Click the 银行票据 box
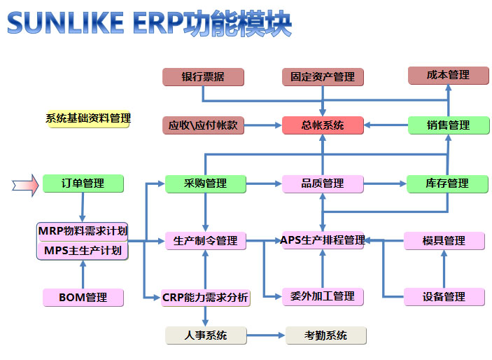(x=203, y=76)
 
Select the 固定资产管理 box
(x=323, y=76)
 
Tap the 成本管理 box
(x=448, y=75)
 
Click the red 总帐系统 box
(x=323, y=125)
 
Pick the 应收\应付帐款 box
(x=203, y=125)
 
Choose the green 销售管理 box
(x=448, y=125)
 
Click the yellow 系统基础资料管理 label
(x=88, y=118)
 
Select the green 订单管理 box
(x=83, y=184)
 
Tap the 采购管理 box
(x=205, y=184)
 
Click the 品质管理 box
(x=323, y=184)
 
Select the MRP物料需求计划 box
(x=83, y=231)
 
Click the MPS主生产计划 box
(x=83, y=250)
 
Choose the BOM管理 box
(x=83, y=298)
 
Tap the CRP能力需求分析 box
(x=205, y=298)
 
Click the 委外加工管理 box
(x=323, y=296)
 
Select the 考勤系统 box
(x=325, y=335)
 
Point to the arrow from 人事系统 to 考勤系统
(x=266, y=335)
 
